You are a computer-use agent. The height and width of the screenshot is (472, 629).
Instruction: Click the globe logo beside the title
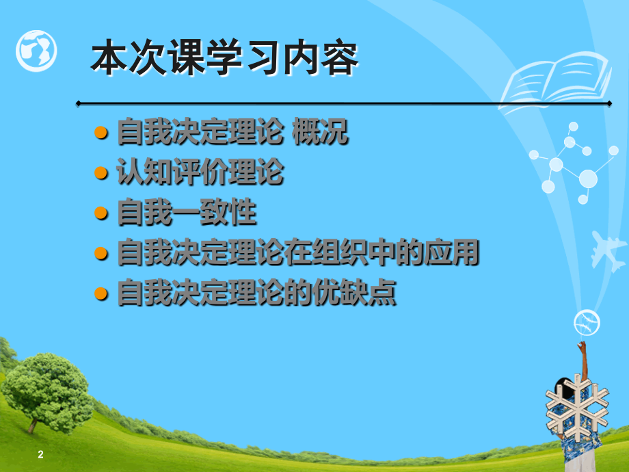(x=36, y=51)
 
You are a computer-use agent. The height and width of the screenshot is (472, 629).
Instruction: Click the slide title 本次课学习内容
(x=225, y=57)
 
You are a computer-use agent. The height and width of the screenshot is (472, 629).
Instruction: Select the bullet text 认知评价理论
(x=200, y=172)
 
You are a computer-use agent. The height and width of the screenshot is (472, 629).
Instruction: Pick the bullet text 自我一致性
(x=187, y=211)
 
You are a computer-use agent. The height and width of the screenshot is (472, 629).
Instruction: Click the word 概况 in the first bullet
(x=320, y=131)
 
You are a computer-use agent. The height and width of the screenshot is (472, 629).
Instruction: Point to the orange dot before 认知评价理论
(x=101, y=173)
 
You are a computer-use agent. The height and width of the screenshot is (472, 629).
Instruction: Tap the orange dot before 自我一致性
(x=101, y=213)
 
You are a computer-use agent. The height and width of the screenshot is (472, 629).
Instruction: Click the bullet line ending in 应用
(x=298, y=252)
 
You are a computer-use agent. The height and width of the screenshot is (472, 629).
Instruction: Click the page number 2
(x=40, y=454)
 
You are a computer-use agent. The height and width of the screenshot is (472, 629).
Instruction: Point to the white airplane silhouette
(x=608, y=250)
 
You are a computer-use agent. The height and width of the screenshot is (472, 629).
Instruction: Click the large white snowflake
(x=577, y=408)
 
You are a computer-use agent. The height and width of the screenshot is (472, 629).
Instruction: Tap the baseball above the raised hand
(x=587, y=323)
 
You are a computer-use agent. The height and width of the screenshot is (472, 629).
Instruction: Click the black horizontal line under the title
(x=344, y=103)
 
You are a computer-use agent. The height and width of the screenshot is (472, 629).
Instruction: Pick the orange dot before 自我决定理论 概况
(x=101, y=133)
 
